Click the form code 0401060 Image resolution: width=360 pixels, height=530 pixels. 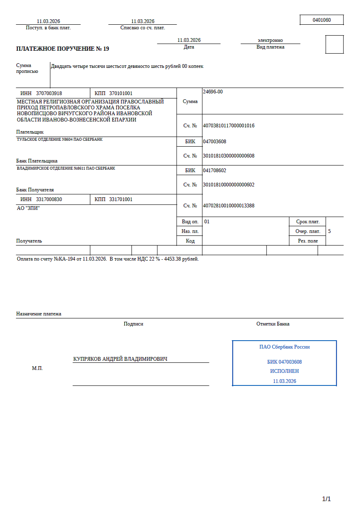click(321, 20)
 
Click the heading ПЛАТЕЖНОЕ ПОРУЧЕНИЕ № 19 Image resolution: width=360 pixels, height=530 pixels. click(62, 49)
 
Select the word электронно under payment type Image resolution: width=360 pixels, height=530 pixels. click(270, 40)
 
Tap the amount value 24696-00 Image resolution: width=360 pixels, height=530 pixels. click(213, 92)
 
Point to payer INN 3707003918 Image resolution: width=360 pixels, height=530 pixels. click(49, 93)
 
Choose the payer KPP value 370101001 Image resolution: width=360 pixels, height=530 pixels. click(121, 93)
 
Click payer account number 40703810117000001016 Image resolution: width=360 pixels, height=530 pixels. click(229, 126)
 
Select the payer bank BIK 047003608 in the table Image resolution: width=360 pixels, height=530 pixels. click(214, 142)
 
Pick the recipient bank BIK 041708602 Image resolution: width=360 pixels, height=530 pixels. click(214, 171)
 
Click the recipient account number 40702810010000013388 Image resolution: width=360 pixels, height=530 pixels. click(229, 206)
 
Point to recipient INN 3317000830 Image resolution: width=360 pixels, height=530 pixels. click(49, 199)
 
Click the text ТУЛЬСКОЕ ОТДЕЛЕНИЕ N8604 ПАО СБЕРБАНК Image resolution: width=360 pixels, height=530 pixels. click(59, 140)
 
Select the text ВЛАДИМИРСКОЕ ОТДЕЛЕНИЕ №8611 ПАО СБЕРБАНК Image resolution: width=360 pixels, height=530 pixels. click(66, 168)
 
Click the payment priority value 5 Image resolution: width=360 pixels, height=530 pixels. click(329, 231)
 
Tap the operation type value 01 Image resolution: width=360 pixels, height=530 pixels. click(207, 221)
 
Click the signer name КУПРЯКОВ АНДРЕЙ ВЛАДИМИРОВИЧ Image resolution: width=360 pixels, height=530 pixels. click(120, 359)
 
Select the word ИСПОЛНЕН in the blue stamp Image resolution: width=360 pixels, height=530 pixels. click(284, 371)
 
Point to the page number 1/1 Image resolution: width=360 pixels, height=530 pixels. click(326, 499)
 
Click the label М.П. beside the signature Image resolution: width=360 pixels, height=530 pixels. click(37, 369)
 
